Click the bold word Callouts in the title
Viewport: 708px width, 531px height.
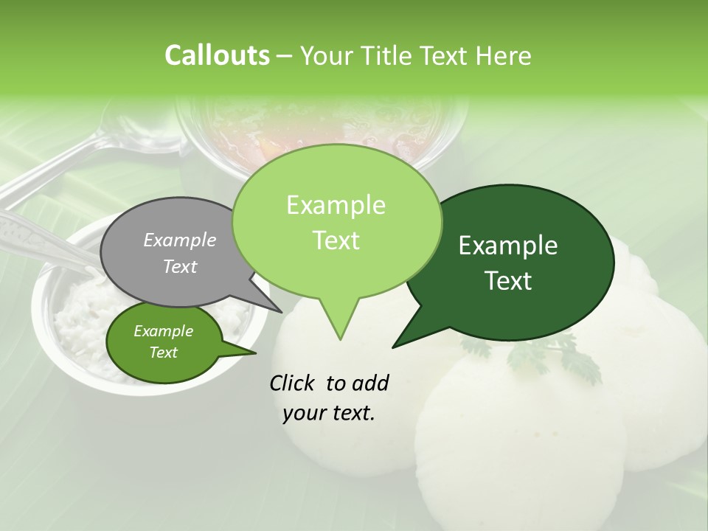[x=217, y=55]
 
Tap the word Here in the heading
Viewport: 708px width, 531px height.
[x=504, y=56]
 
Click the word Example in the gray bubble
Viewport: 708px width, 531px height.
[x=179, y=240]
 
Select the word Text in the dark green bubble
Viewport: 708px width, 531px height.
[x=509, y=281]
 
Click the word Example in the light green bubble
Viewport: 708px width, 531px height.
[x=336, y=205]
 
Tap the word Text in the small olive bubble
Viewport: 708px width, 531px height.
[x=163, y=353]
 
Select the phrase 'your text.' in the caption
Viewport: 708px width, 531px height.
[x=329, y=414]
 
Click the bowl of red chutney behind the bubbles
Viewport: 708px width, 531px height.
[x=324, y=125]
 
